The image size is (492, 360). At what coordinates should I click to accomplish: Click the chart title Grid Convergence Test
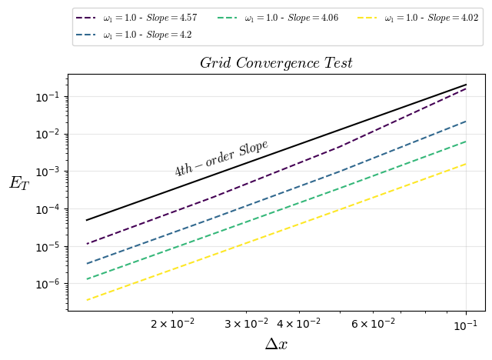[x=276, y=63]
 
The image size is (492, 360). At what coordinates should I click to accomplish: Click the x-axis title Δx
[x=276, y=344]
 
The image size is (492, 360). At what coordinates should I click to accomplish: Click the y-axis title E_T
[x=18, y=183]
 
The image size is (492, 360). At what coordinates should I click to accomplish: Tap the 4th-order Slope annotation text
[x=221, y=158]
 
